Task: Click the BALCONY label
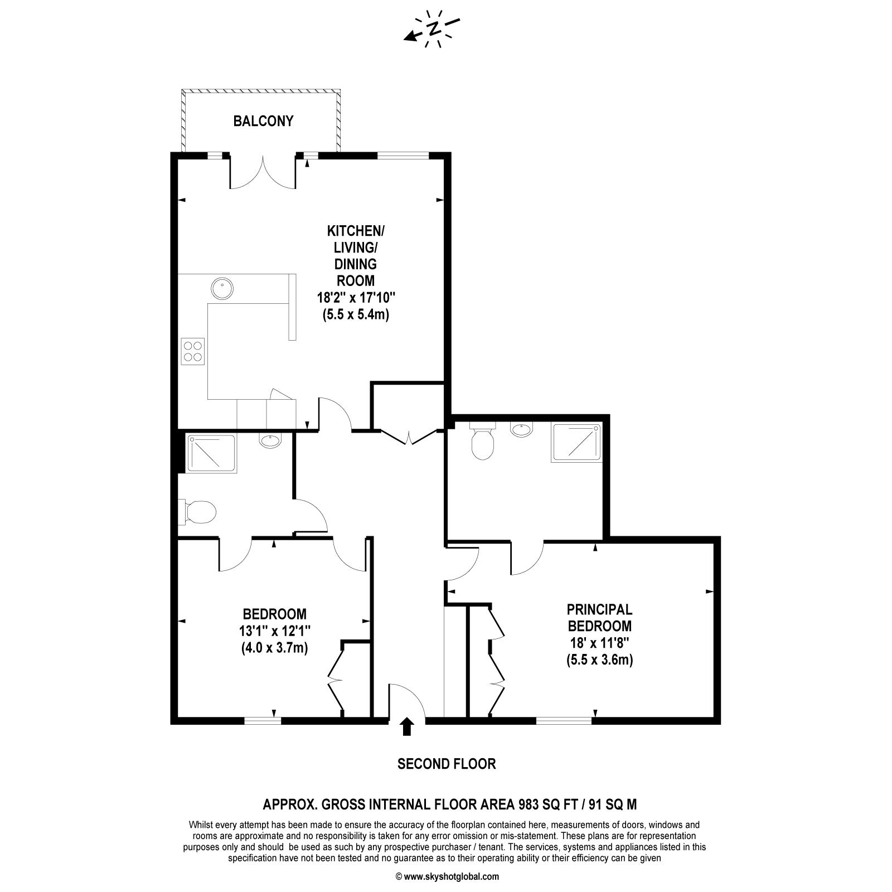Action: (263, 121)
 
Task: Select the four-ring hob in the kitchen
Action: (193, 351)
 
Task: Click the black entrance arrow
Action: (407, 726)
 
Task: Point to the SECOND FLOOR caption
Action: (447, 764)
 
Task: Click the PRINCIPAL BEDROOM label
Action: (599, 618)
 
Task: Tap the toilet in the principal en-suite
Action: (483, 440)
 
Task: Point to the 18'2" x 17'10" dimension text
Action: (356, 297)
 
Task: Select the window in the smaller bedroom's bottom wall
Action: (263, 720)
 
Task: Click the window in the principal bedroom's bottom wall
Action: (564, 720)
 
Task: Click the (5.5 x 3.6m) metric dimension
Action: (599, 660)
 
